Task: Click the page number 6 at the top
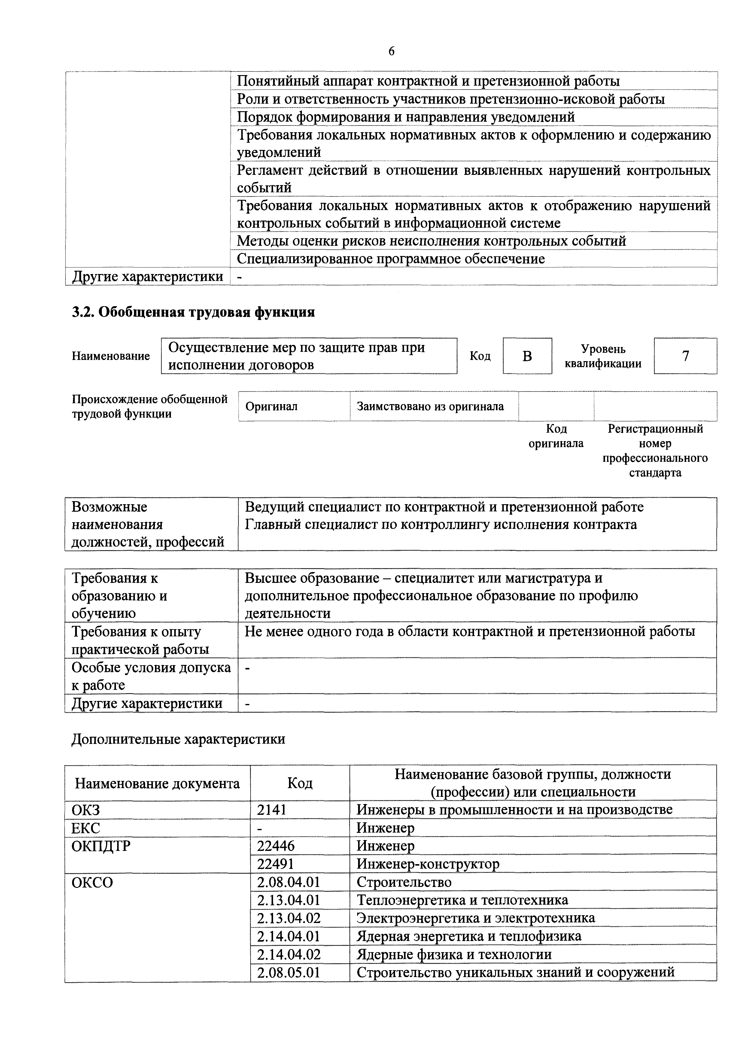click(391, 51)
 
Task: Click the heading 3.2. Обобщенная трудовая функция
click(193, 312)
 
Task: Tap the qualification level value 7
click(685, 356)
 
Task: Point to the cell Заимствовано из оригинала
click(430, 406)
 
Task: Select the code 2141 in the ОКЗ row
click(272, 809)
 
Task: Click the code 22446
click(276, 845)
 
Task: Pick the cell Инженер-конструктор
click(428, 864)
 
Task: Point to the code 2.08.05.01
click(289, 972)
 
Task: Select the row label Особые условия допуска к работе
click(151, 676)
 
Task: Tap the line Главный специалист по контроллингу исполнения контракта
click(441, 524)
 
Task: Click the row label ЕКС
click(86, 828)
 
